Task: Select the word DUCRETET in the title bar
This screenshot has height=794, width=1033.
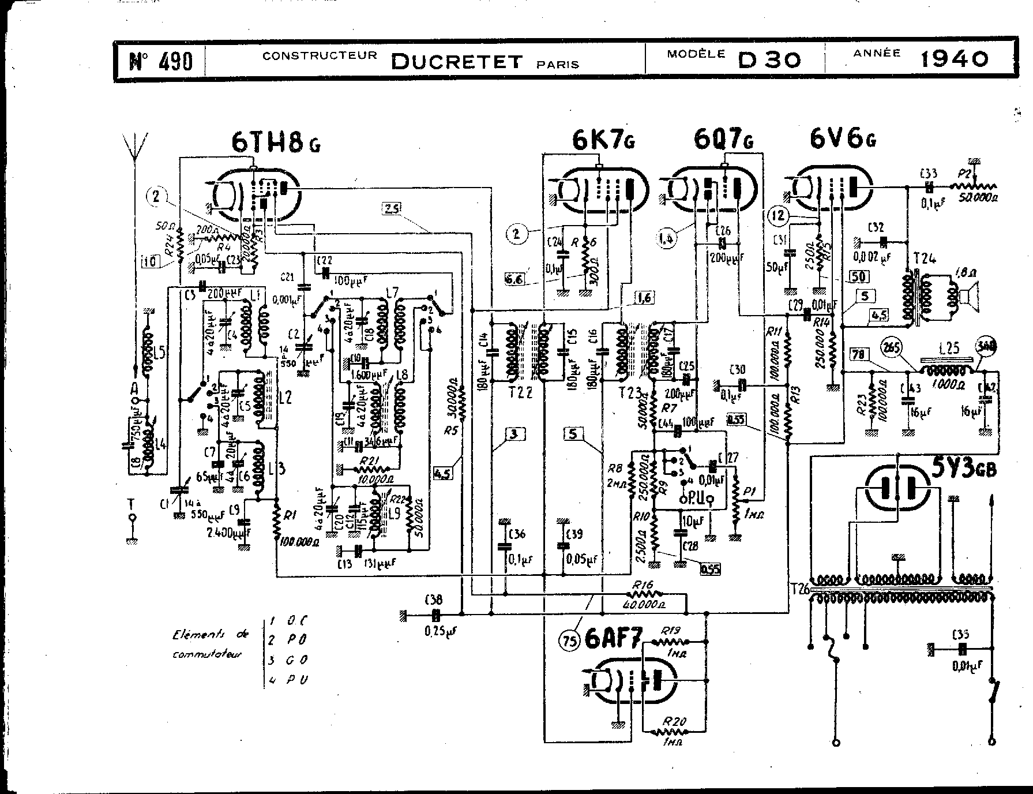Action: pyautogui.click(x=457, y=61)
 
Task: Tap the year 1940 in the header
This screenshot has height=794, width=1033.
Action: pyautogui.click(x=953, y=58)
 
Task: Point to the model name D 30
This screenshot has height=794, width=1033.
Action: pyautogui.click(x=769, y=60)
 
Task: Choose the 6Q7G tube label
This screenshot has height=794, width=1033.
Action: pyautogui.click(x=724, y=140)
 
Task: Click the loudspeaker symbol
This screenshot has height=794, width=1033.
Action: pyautogui.click(x=968, y=296)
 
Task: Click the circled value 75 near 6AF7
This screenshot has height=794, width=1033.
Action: pyautogui.click(x=570, y=641)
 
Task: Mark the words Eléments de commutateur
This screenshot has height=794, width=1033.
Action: pyautogui.click(x=211, y=644)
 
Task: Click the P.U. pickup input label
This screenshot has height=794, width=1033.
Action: pyautogui.click(x=696, y=498)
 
